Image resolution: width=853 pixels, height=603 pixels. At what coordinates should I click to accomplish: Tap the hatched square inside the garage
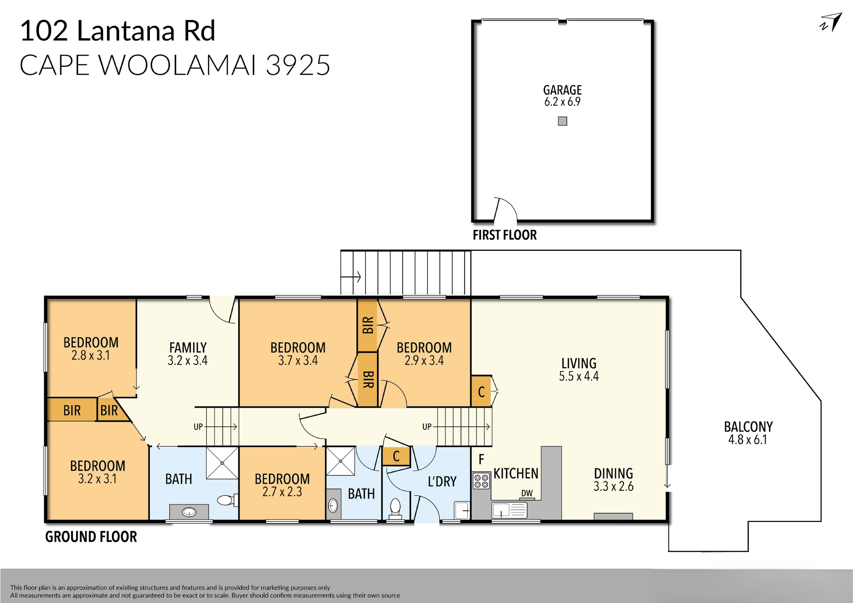pyautogui.click(x=562, y=121)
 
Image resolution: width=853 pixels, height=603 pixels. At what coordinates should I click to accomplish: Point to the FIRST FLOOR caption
pyautogui.click(x=504, y=235)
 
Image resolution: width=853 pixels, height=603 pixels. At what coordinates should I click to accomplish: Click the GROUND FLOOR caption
pyautogui.click(x=91, y=537)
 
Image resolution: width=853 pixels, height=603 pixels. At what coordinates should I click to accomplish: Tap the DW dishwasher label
pyautogui.click(x=527, y=493)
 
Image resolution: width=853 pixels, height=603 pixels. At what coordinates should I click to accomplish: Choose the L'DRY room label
pyautogui.click(x=442, y=482)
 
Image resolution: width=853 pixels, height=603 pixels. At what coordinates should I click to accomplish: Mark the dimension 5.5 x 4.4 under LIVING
pyautogui.click(x=579, y=376)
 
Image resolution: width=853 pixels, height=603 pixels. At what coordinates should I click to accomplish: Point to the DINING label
pyautogui.click(x=613, y=473)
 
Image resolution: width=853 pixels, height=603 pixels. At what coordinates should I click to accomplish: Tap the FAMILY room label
pyautogui.click(x=188, y=348)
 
